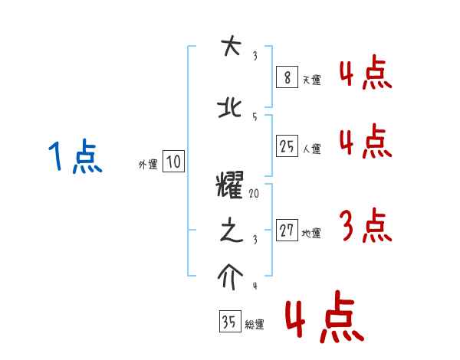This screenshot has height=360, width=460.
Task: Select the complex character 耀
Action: [x=229, y=186]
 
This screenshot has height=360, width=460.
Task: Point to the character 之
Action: [x=229, y=231]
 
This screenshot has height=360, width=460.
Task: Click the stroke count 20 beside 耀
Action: [x=254, y=195]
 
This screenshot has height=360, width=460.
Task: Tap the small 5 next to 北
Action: [x=254, y=116]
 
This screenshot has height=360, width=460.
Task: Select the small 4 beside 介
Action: [x=254, y=286]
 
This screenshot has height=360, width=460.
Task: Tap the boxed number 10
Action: [x=173, y=161]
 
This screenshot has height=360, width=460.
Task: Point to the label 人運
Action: [x=312, y=149]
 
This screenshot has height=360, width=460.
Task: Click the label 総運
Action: [x=254, y=326]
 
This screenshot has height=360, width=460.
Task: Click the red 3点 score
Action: [x=365, y=227]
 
